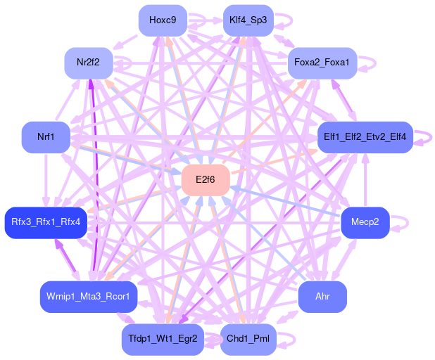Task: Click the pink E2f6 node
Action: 206,180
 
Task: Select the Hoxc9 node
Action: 163,20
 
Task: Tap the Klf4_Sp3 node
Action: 248,20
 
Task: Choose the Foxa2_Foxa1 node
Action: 322,63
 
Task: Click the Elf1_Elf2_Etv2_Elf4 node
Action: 365,136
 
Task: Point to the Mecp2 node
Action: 365,222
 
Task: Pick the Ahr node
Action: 322,296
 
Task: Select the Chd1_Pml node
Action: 248,339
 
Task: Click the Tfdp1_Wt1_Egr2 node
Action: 163,339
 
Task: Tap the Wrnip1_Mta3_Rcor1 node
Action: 88,296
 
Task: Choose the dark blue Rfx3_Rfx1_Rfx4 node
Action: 46,222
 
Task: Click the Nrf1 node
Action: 46,136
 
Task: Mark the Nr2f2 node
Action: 88,63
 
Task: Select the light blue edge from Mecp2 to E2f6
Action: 289,202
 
